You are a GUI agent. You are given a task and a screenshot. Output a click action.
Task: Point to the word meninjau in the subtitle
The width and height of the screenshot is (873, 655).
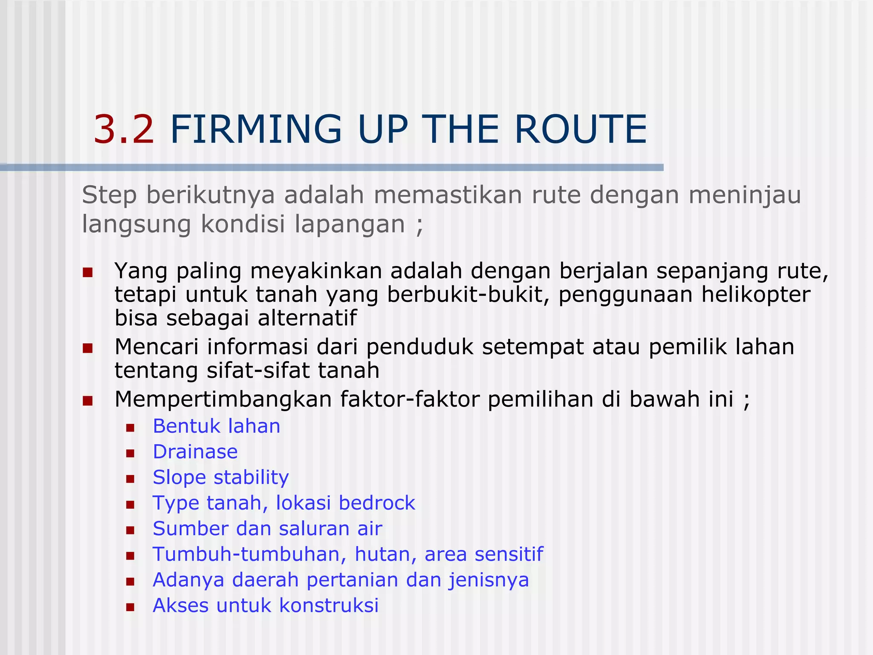point(745,195)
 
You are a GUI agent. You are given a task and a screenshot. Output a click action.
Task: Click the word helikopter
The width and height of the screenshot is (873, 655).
point(755,295)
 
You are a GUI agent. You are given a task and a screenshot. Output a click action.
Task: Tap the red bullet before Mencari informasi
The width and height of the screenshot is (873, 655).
point(88,348)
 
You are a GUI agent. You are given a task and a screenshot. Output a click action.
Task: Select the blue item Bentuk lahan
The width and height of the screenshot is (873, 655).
point(217,426)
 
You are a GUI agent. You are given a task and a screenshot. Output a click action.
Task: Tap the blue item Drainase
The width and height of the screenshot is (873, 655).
point(195,452)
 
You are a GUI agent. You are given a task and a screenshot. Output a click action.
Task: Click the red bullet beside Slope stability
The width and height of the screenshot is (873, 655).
point(130,479)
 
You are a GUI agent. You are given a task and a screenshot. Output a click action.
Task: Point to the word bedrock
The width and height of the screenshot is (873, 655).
point(376,503)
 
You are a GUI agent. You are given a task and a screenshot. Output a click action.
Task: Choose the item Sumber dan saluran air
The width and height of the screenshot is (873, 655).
point(267,529)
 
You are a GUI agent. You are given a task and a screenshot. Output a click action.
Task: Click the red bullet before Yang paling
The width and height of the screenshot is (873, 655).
point(88,272)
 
